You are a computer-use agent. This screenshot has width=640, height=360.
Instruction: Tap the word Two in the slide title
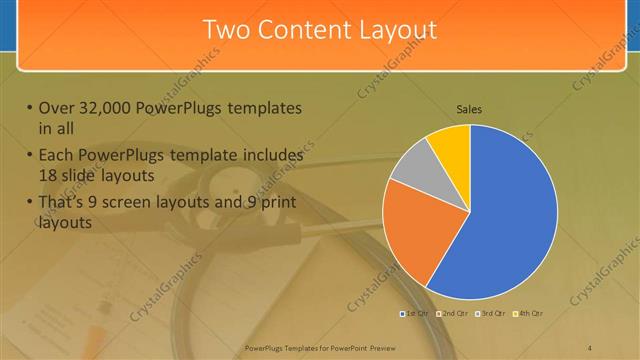click(225, 29)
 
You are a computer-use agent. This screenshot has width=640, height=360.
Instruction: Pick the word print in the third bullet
click(276, 204)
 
